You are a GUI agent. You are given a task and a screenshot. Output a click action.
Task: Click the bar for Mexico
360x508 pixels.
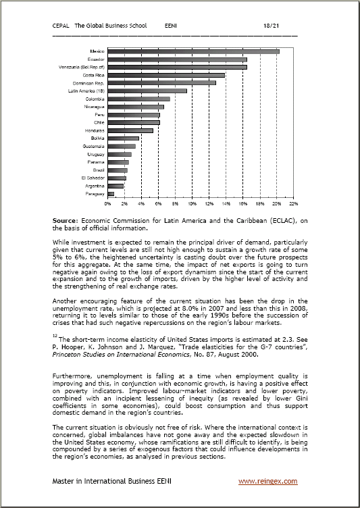click(193, 51)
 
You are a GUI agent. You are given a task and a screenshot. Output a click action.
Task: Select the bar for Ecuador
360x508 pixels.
click(177, 59)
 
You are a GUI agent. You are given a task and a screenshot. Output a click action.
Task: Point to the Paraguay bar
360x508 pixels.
click(111, 193)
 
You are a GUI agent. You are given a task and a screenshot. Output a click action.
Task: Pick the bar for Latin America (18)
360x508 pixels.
click(147, 91)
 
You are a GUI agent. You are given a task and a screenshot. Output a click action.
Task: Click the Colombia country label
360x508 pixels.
click(95, 99)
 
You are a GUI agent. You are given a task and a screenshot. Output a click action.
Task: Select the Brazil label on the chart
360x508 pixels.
click(98, 170)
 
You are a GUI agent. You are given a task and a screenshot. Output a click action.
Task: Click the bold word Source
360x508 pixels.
click(66, 220)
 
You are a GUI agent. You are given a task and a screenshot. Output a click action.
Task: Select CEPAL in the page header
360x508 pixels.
click(61, 25)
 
